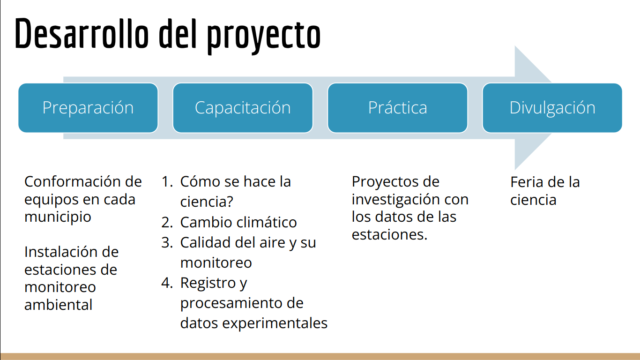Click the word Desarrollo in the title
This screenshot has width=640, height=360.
point(82,33)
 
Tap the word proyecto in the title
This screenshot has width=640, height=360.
point(264,37)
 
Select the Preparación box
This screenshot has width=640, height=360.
point(88,108)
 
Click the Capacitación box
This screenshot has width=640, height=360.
point(243,108)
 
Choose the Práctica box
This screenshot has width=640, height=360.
point(397,108)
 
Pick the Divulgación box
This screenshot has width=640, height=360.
point(552,108)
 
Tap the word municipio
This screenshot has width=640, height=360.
point(58,217)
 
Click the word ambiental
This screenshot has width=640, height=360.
point(58,305)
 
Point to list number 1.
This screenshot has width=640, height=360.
point(167,181)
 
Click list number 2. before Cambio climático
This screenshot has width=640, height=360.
point(167,223)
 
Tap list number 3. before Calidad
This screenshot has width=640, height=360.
point(167,242)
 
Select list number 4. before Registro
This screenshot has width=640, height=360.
point(167,283)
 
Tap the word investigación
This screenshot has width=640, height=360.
point(395,200)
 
